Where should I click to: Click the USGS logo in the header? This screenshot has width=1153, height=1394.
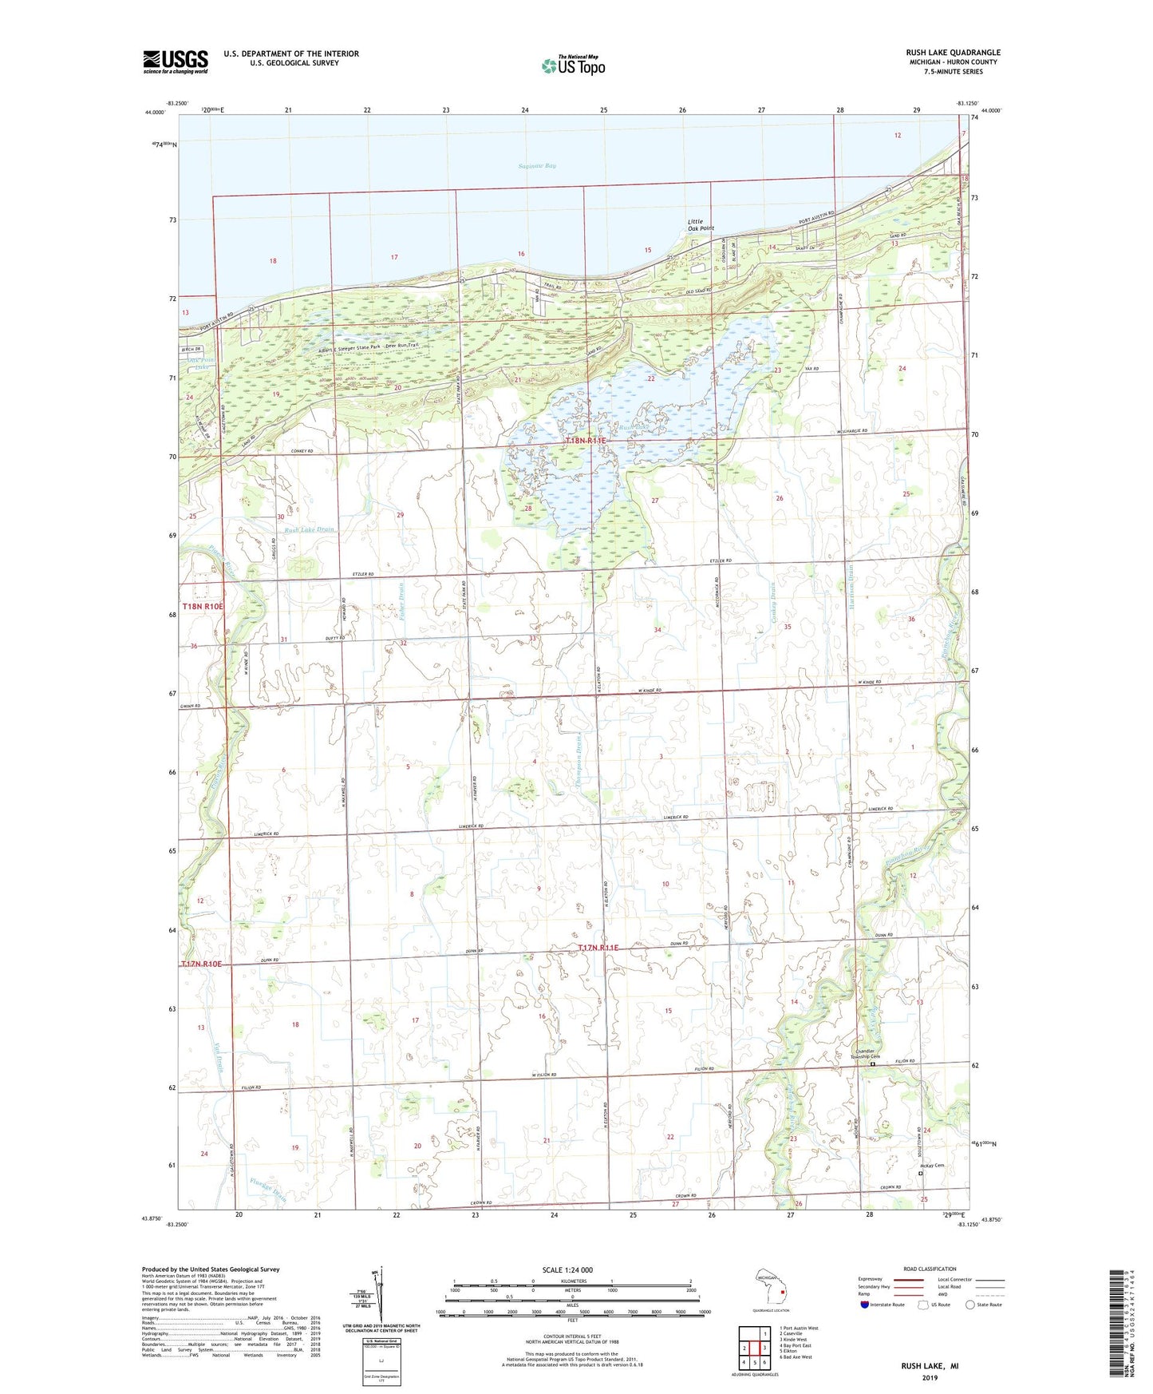tap(176, 61)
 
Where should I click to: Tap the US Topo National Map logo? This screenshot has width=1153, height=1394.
tap(573, 65)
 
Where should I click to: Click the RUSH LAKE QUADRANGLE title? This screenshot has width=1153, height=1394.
tap(953, 53)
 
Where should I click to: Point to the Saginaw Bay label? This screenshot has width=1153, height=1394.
tap(537, 166)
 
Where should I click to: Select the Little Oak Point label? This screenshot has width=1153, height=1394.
tap(701, 224)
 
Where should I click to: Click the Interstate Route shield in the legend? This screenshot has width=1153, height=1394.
tap(865, 1305)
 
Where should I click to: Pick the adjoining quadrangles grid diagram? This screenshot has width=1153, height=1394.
tap(754, 1348)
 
